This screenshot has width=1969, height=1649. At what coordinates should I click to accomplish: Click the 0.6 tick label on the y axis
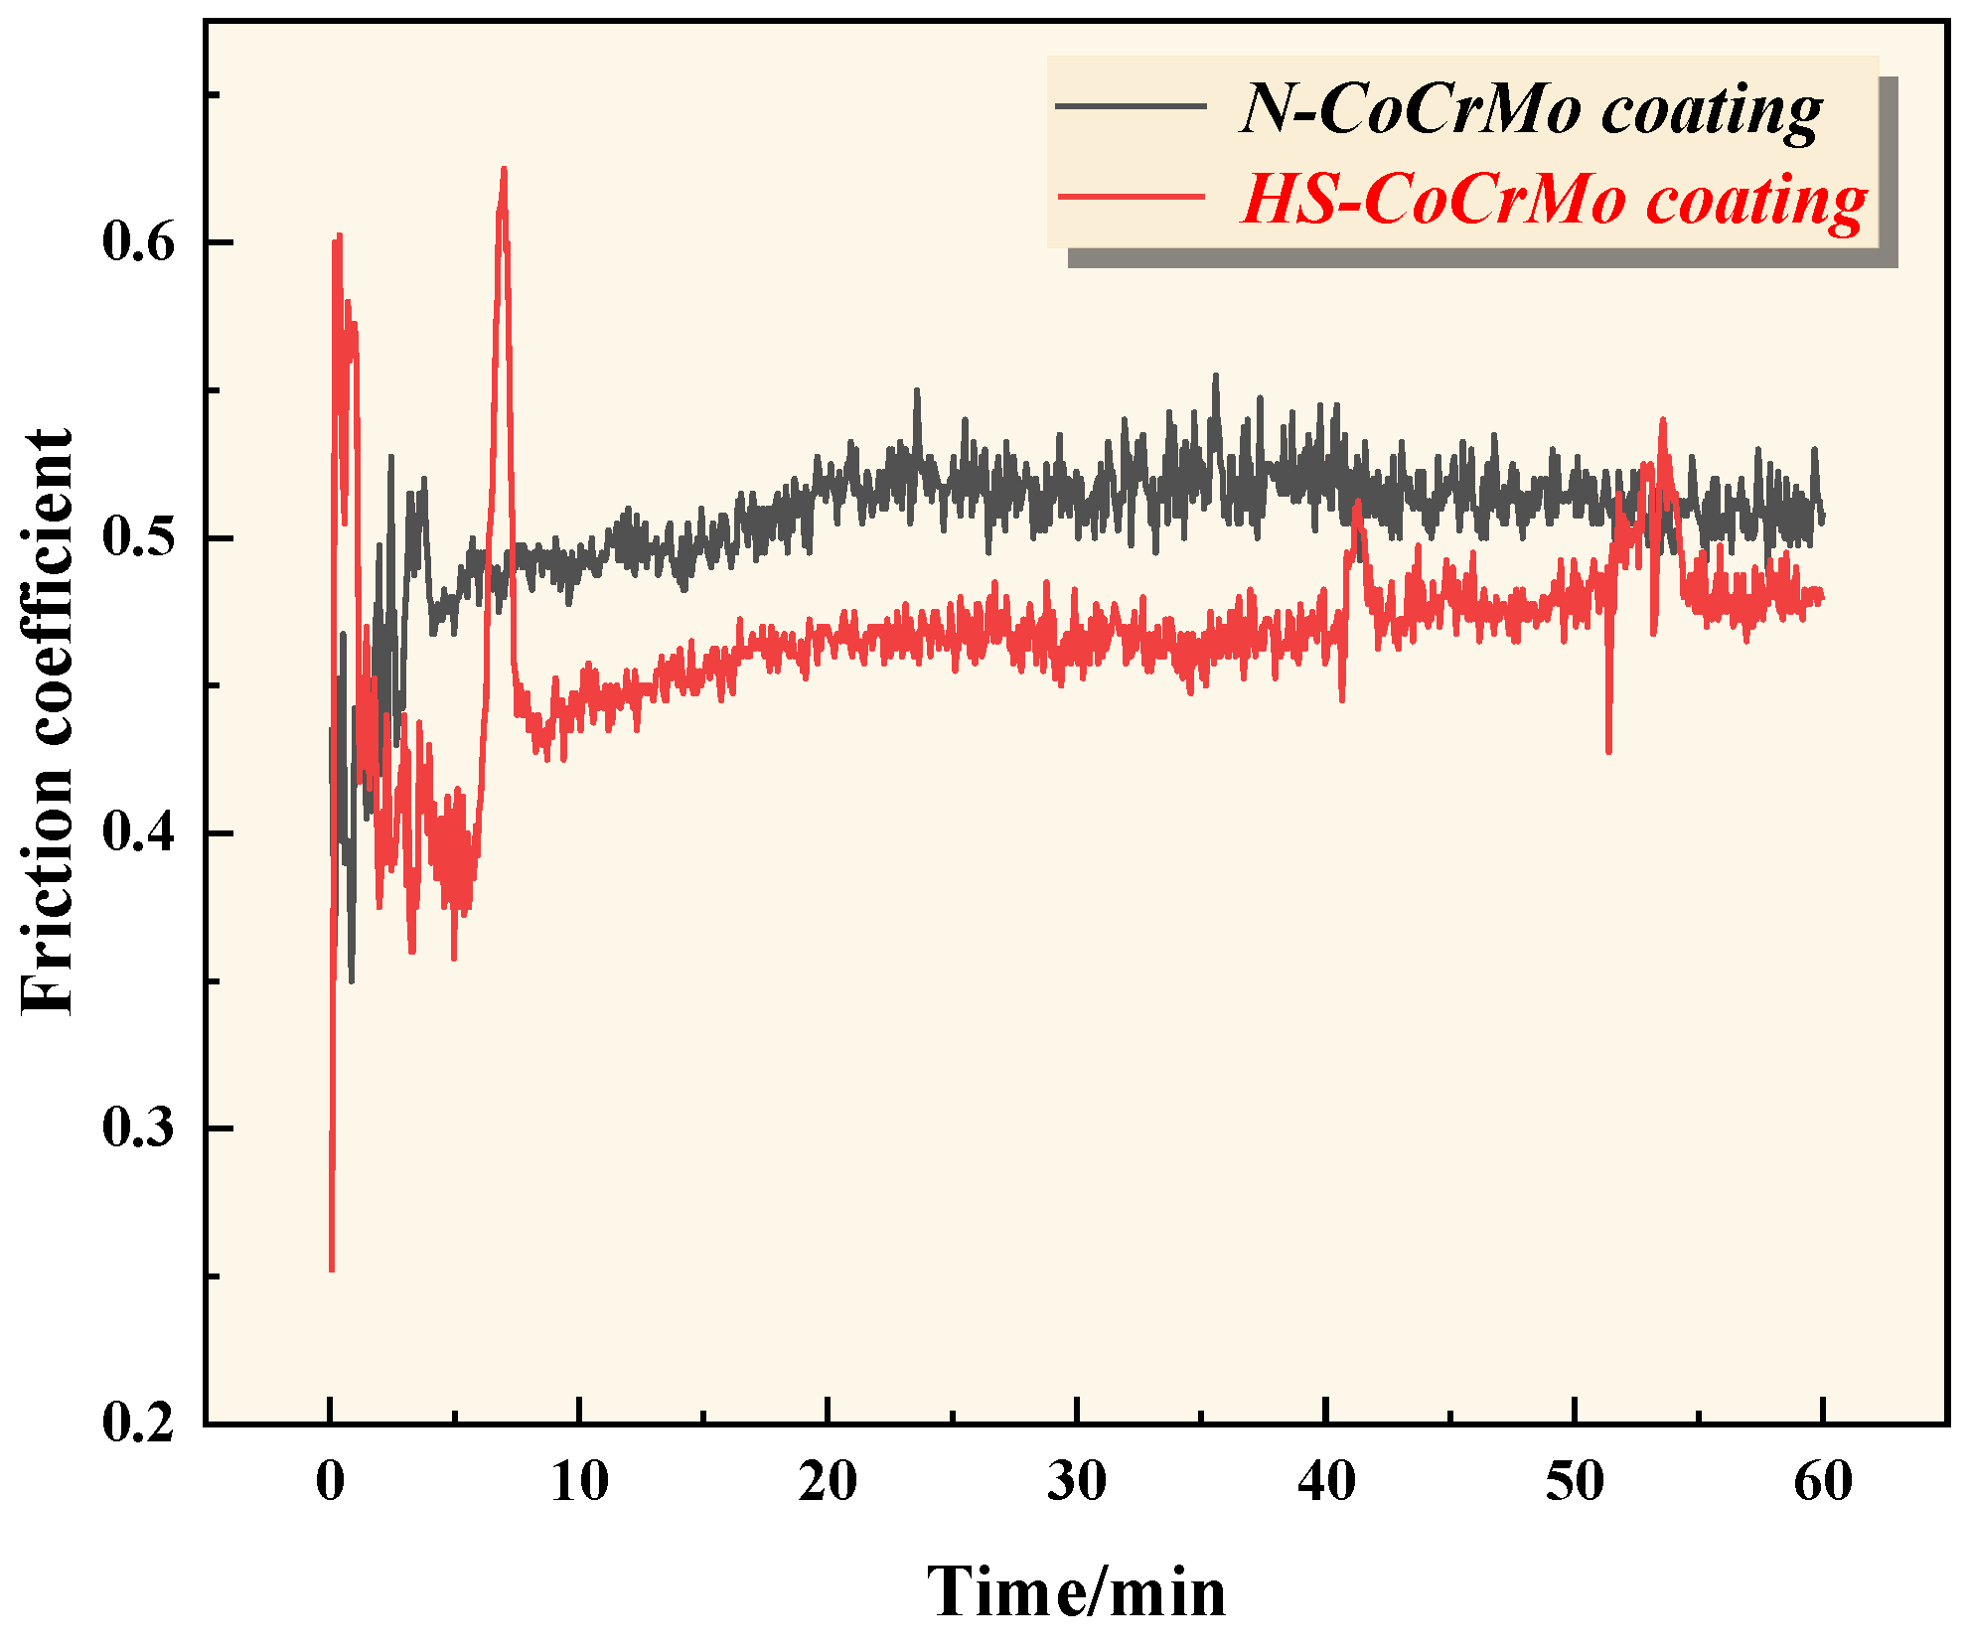(x=138, y=242)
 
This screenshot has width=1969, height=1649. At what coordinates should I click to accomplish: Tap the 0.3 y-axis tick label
(x=138, y=1128)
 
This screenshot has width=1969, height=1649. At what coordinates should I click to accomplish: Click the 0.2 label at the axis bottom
(x=138, y=1423)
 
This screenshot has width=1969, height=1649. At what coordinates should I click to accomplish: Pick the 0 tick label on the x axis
(x=331, y=1481)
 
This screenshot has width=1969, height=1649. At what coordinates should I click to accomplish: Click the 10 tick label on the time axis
(x=579, y=1481)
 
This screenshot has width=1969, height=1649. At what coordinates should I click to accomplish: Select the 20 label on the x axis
(x=828, y=1481)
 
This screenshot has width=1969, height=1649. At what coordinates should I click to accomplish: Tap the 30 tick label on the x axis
(x=1077, y=1481)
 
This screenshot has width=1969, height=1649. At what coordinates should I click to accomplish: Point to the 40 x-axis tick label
(x=1326, y=1481)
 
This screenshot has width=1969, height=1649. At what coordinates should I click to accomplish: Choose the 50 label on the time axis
(x=1575, y=1481)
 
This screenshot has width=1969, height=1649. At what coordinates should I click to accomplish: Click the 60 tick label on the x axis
(x=1823, y=1481)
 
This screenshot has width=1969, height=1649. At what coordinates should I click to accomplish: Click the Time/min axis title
(x=1077, y=1591)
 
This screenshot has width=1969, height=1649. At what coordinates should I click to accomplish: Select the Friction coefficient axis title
(x=48, y=722)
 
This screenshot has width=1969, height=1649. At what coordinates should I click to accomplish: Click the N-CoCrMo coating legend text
(x=1530, y=108)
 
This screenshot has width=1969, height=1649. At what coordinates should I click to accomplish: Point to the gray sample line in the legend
(x=1131, y=105)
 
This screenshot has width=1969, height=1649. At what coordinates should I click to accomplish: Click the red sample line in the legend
(x=1131, y=197)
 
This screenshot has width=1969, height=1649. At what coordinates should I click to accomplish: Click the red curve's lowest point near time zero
(x=331, y=1269)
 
